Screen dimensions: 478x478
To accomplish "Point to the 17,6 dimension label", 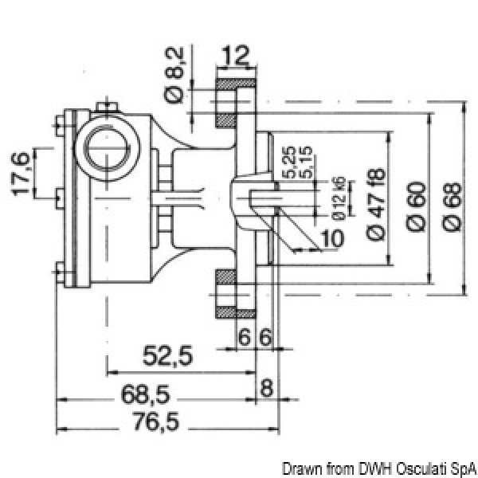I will (x=22, y=174).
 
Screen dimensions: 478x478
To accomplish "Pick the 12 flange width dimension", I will (x=236, y=56).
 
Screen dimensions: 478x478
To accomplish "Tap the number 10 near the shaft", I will (x=333, y=237).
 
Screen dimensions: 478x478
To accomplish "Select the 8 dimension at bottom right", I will (x=267, y=390).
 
